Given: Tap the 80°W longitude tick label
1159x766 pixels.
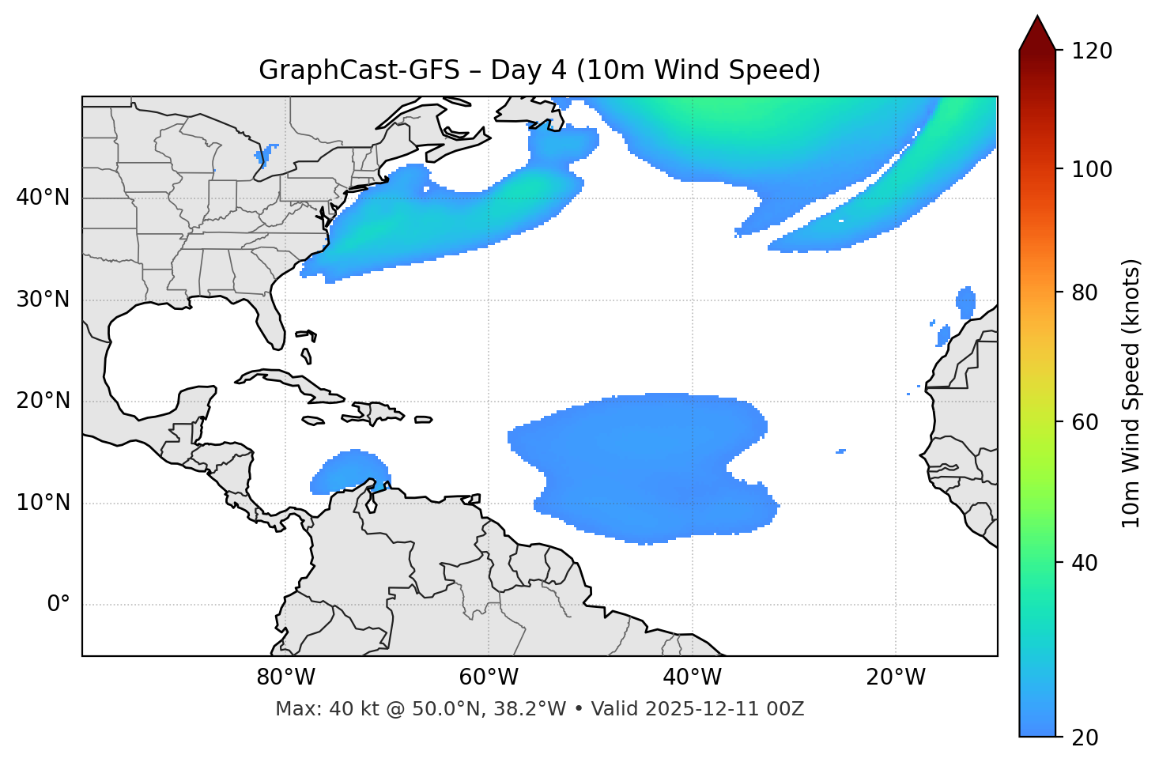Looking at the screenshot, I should (x=285, y=677).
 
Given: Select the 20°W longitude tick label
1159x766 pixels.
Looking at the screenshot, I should (x=896, y=677).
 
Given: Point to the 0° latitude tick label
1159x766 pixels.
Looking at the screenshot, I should (x=59, y=605).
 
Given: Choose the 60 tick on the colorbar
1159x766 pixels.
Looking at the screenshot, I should (x=1085, y=422).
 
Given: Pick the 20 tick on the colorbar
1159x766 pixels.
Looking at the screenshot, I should (x=1085, y=738).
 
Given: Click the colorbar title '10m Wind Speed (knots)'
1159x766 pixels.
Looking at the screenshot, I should (x=1131, y=394).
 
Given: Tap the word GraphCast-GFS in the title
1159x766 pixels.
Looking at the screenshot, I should (x=359, y=70).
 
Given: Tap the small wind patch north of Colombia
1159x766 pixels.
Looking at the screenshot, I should (x=348, y=472).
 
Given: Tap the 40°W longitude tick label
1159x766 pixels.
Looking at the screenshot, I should (x=692, y=677).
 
